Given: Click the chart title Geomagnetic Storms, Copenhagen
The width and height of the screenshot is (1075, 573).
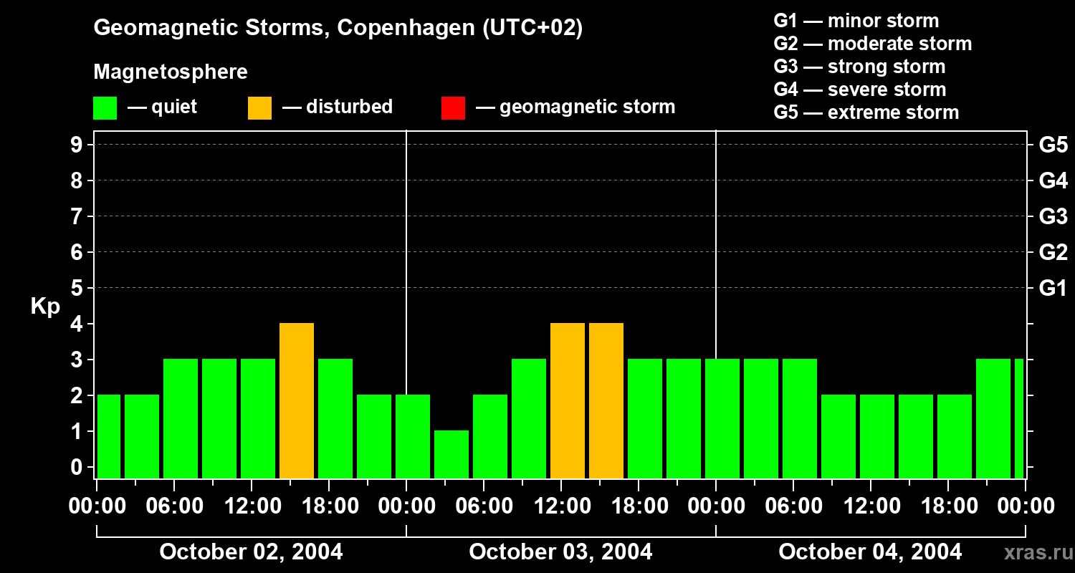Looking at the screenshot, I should coord(338,28).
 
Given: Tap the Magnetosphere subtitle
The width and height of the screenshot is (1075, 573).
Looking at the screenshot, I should coord(171,72).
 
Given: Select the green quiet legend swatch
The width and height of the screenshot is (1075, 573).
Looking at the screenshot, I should coord(105,108).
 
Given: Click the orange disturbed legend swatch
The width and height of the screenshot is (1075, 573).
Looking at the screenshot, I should coord(259,108).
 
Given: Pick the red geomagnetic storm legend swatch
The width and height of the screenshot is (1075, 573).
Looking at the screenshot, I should coord(453,108).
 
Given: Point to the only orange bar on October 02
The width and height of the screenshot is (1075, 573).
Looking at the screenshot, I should coord(297,400).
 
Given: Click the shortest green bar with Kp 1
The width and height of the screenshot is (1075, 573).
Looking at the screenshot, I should coord(451,454).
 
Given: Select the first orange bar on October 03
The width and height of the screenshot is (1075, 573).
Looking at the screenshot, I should coord(568,400).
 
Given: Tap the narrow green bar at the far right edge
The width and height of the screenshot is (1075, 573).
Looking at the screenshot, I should coord(1018,418).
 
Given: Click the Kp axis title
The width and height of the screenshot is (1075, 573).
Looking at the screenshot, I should coord(45,307).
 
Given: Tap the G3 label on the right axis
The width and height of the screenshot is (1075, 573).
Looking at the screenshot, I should coord(1053,216).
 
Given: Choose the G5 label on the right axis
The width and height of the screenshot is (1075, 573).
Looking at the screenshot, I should coord(1053,145).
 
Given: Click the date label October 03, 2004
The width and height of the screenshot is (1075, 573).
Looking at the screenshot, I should coord(560,552).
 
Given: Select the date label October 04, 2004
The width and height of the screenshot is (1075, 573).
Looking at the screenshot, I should coord(870,552).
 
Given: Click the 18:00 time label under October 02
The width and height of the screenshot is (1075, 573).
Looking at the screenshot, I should coord(328,506).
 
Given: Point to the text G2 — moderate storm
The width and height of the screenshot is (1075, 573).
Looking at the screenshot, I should coord(872,44).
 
